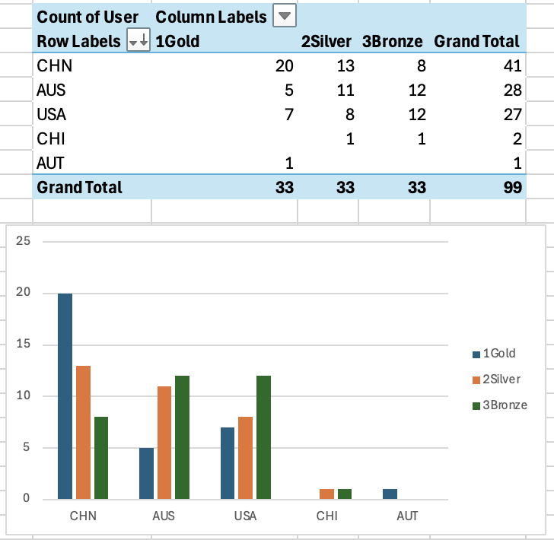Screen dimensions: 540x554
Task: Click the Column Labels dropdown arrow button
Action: (285, 16)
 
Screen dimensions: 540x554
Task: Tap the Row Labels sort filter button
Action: (138, 41)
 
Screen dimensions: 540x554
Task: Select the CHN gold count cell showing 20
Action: (283, 65)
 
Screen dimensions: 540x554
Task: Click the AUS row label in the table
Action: (52, 91)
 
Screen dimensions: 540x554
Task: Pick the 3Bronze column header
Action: (393, 41)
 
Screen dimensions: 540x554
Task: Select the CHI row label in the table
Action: (50, 139)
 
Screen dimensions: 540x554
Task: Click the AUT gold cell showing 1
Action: (288, 162)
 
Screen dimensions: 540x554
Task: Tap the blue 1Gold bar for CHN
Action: (65, 395)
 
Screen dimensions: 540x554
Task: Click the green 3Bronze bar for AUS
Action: (181, 437)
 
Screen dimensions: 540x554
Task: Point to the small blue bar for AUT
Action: (390, 494)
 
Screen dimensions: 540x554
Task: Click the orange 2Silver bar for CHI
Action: (327, 494)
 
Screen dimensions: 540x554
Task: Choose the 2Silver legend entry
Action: (498, 379)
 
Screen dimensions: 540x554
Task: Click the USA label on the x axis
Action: (245, 516)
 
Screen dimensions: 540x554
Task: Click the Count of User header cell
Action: (88, 17)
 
